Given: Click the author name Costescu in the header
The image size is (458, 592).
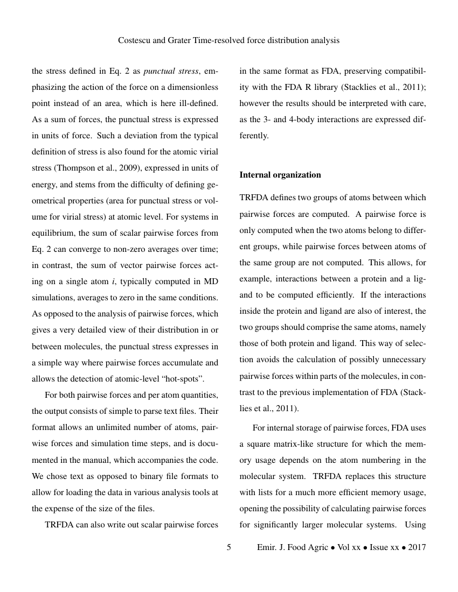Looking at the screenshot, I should pos(136,40).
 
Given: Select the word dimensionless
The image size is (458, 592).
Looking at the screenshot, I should pos(192,87).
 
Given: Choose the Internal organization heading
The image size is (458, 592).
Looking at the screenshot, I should pos(280,175).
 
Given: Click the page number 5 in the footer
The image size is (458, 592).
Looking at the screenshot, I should pos(229,547).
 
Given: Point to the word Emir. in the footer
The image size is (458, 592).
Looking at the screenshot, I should pos(268,547).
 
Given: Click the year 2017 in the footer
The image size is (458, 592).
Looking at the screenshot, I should pos(418,547).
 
